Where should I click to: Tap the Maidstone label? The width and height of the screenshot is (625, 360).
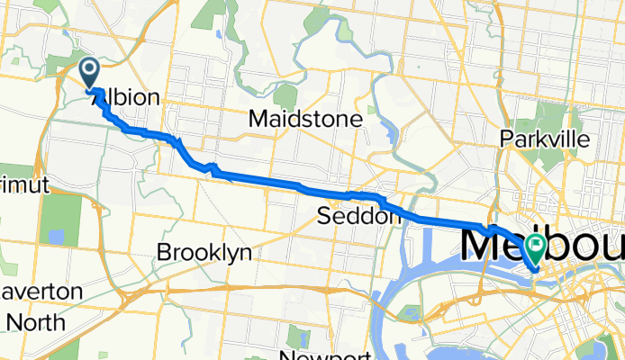[306, 119]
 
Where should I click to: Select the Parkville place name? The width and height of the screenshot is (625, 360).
[548, 139]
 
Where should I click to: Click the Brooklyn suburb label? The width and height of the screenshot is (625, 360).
[204, 253]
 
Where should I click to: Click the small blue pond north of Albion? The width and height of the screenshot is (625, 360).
[219, 36]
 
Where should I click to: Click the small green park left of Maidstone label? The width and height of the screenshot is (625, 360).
[285, 94]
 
